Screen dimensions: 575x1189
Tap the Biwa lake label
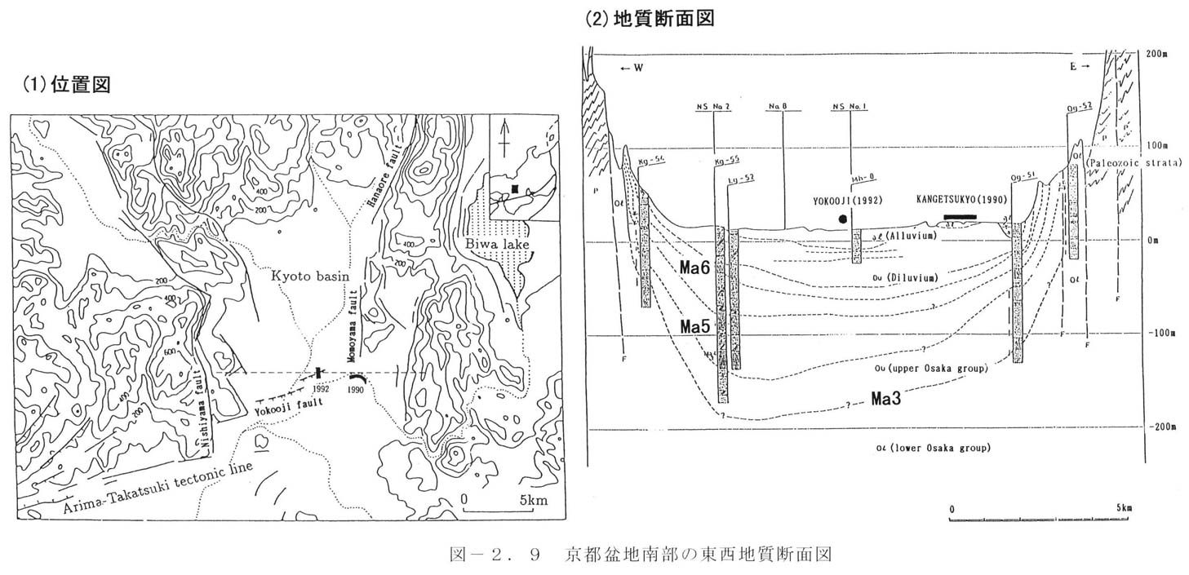(x=515, y=243)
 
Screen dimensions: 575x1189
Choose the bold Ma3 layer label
(x=887, y=400)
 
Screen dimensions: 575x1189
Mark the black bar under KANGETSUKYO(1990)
(x=960, y=217)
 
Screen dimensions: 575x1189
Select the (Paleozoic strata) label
(x=1134, y=163)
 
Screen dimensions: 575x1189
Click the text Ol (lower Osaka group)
(x=932, y=448)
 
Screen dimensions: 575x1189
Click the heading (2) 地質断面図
(x=650, y=19)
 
